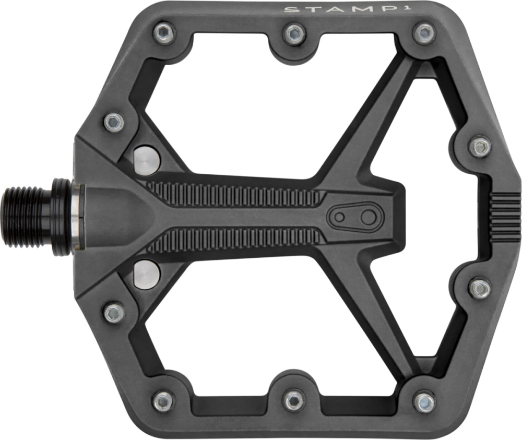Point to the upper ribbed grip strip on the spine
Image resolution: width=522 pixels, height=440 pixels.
235,194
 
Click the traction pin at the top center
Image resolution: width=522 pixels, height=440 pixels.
294,35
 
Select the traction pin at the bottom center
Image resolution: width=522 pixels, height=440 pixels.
294,400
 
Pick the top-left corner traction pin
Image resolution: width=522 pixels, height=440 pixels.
165,33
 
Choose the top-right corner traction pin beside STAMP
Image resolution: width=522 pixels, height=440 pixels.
423,34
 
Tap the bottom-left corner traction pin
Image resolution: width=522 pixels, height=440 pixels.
164,401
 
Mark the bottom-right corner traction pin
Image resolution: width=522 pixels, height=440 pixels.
424,402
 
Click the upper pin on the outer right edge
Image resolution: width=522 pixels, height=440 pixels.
480,147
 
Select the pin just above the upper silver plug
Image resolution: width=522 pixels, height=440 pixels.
114,123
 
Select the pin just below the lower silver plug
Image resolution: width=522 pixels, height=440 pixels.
114,312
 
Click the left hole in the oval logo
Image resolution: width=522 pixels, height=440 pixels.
340,218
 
